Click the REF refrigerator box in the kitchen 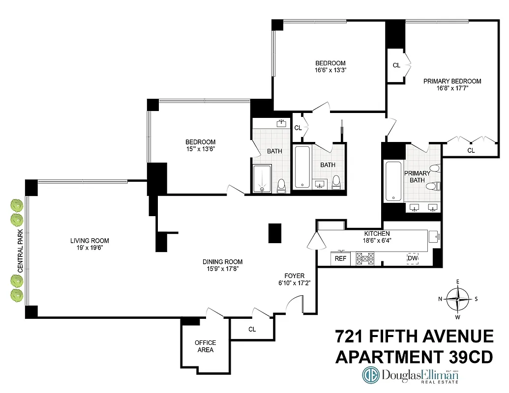(340, 258)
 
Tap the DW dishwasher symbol (412, 258)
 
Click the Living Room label (90, 241)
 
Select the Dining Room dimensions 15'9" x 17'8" (223, 269)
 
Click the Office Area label (205, 346)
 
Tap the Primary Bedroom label (452, 81)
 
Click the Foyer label (295, 276)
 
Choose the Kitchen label (377, 233)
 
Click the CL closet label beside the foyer (252, 330)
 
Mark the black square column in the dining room (274, 233)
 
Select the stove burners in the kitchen (365, 258)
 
